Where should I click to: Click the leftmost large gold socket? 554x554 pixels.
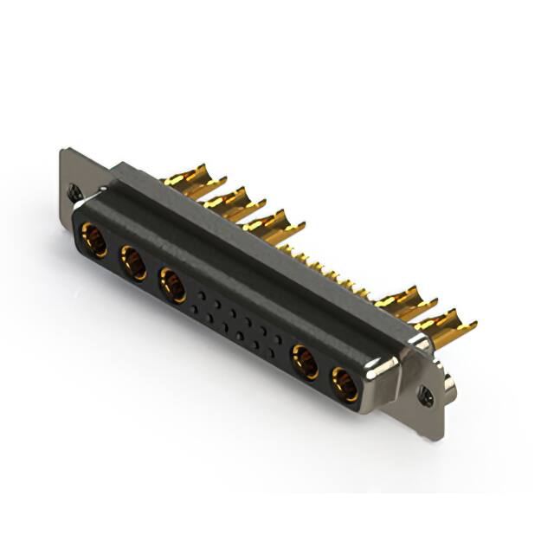94,241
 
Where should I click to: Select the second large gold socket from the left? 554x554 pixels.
134,263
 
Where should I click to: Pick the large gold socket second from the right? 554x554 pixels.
305,361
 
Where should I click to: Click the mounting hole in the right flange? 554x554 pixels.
425,397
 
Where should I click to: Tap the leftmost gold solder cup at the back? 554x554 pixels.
189,177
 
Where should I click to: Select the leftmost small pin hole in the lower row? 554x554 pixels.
208,317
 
